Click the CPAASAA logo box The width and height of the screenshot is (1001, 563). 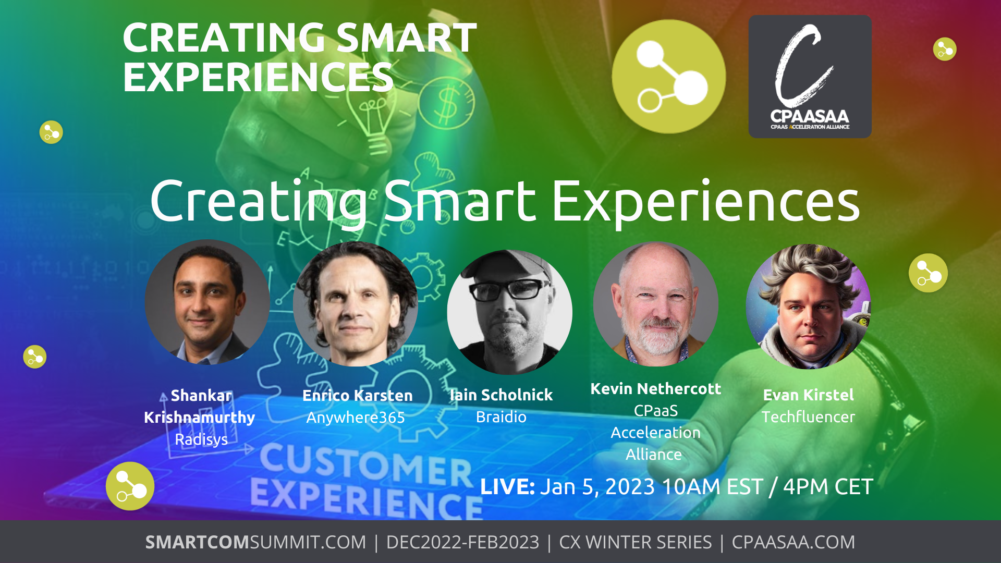(810, 77)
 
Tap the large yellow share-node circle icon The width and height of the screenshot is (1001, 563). (669, 77)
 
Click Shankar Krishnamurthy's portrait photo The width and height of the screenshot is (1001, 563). (207, 302)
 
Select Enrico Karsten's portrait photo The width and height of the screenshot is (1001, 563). (356, 304)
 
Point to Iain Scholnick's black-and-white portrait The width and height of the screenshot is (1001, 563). (509, 312)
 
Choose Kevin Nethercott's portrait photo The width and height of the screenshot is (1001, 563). (656, 304)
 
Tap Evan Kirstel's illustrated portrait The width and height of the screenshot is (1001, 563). (809, 307)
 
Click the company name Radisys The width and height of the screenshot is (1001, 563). (201, 439)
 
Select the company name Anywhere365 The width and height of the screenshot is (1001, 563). (356, 418)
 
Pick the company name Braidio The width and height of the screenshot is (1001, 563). (501, 417)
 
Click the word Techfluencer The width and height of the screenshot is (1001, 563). (808, 417)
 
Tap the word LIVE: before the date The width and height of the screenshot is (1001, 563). (507, 487)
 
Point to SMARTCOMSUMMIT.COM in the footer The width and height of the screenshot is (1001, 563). (255, 542)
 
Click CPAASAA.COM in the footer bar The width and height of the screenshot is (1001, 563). (794, 542)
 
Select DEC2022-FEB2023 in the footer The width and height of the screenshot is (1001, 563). (462, 542)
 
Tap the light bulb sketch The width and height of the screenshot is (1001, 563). (373, 120)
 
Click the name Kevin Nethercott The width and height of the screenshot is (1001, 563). (656, 389)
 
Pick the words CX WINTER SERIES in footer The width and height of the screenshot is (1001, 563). (636, 542)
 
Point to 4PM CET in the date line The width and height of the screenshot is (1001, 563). (828, 487)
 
